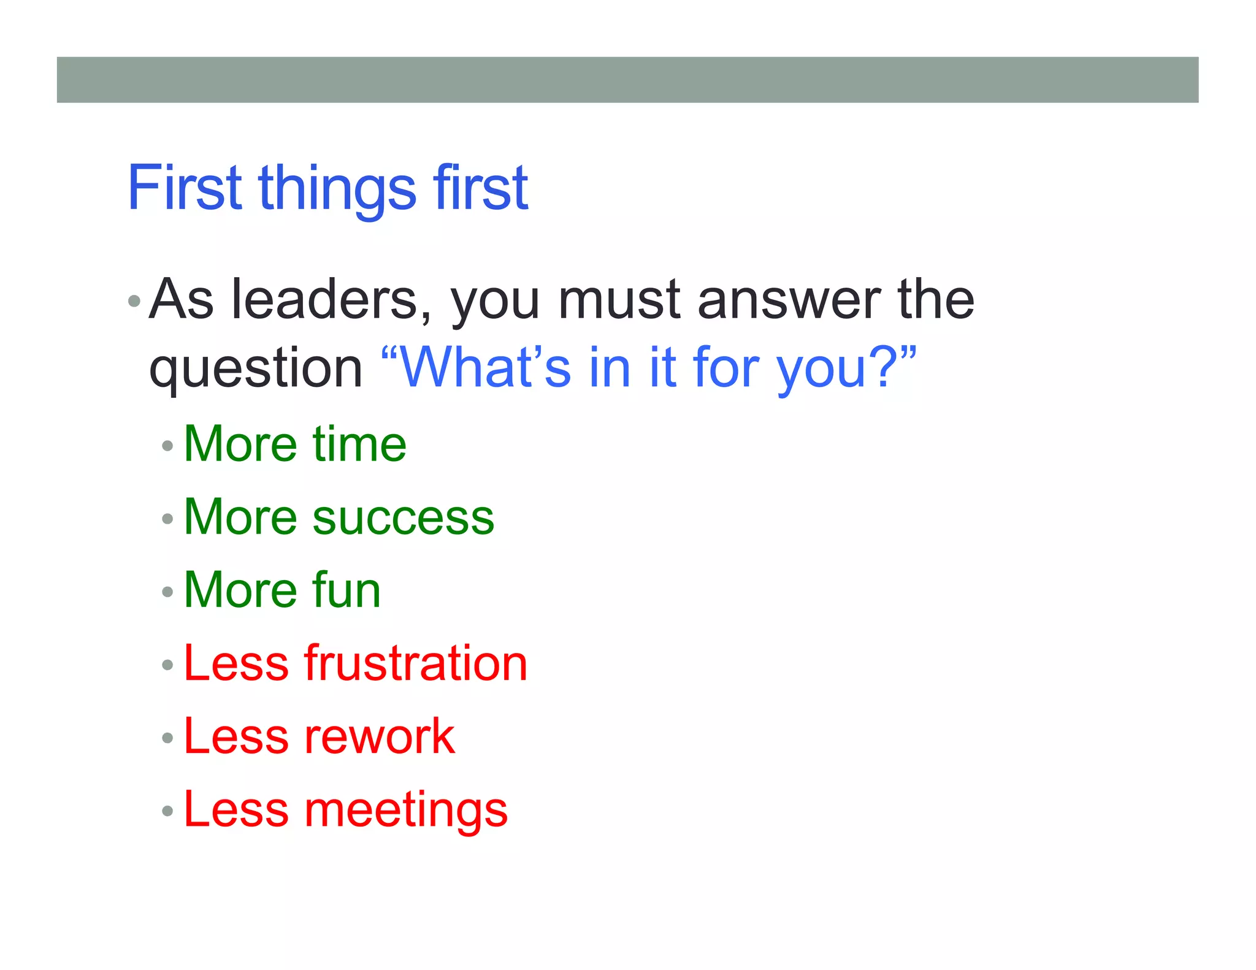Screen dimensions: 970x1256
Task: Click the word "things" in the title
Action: point(338,190)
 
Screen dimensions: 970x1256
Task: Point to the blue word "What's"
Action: point(484,367)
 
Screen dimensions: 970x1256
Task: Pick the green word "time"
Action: point(359,444)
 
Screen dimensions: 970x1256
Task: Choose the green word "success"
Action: point(403,517)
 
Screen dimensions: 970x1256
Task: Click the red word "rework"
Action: point(380,736)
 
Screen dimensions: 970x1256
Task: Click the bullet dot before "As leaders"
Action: point(134,302)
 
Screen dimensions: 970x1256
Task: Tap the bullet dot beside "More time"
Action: point(167,446)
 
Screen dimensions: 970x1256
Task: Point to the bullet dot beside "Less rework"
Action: point(167,738)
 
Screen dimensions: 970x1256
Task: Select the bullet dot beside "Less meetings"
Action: point(167,811)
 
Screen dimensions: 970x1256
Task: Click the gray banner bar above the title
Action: point(627,80)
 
